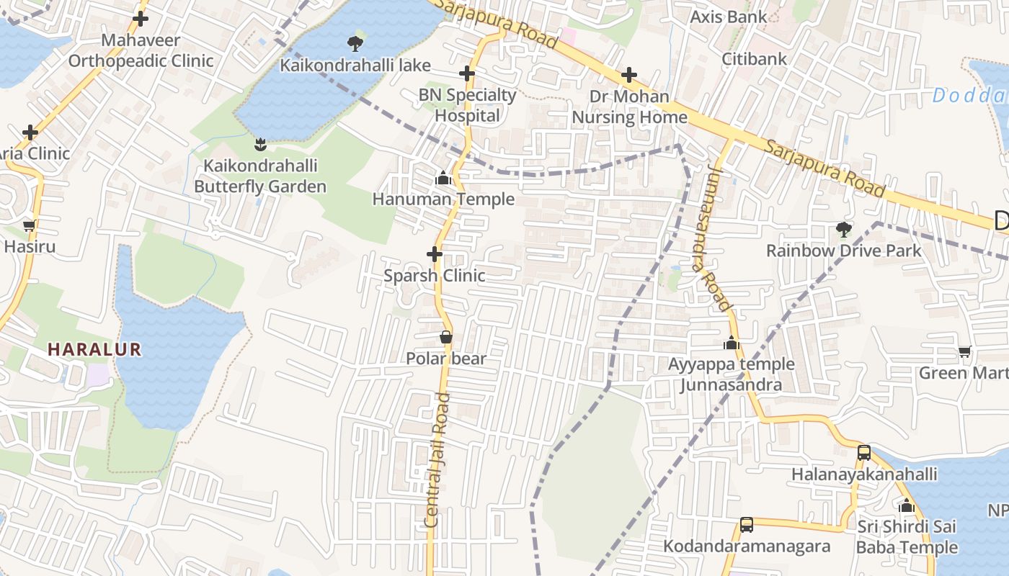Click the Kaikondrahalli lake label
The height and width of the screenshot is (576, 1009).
pos(355,66)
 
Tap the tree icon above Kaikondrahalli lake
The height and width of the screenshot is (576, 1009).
pos(355,44)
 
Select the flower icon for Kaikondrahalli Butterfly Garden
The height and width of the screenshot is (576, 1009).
pos(260,145)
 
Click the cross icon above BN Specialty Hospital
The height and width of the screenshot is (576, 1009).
pos(467,73)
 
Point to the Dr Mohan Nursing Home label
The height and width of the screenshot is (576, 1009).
pos(629,107)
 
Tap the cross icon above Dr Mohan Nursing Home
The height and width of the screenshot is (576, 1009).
pos(629,75)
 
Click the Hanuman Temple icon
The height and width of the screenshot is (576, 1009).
pos(443,178)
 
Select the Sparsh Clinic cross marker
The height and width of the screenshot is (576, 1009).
pos(435,254)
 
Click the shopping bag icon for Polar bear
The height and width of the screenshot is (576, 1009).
pos(446,337)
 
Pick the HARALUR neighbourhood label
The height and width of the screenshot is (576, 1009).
pos(94,350)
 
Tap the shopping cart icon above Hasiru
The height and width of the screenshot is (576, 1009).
pos(30,226)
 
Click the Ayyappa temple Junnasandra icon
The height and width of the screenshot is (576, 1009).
pos(732,343)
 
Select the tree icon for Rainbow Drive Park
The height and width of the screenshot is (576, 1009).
pos(843,230)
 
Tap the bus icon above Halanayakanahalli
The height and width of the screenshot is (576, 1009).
pos(864,453)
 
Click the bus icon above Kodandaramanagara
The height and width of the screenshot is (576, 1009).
pos(747,525)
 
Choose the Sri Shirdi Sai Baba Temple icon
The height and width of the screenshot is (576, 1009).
pos(907,505)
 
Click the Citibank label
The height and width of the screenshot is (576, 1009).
pos(755,58)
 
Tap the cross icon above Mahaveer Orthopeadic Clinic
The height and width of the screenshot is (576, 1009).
pos(141,19)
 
